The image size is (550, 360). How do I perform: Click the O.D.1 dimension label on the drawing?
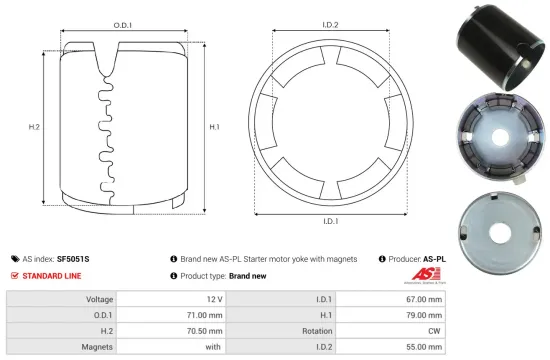pos(124,23)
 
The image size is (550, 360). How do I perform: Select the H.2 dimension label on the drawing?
pos(33,127)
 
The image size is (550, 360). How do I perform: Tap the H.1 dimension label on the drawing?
pos(214,127)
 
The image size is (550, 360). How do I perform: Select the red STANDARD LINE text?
pos(52,275)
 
